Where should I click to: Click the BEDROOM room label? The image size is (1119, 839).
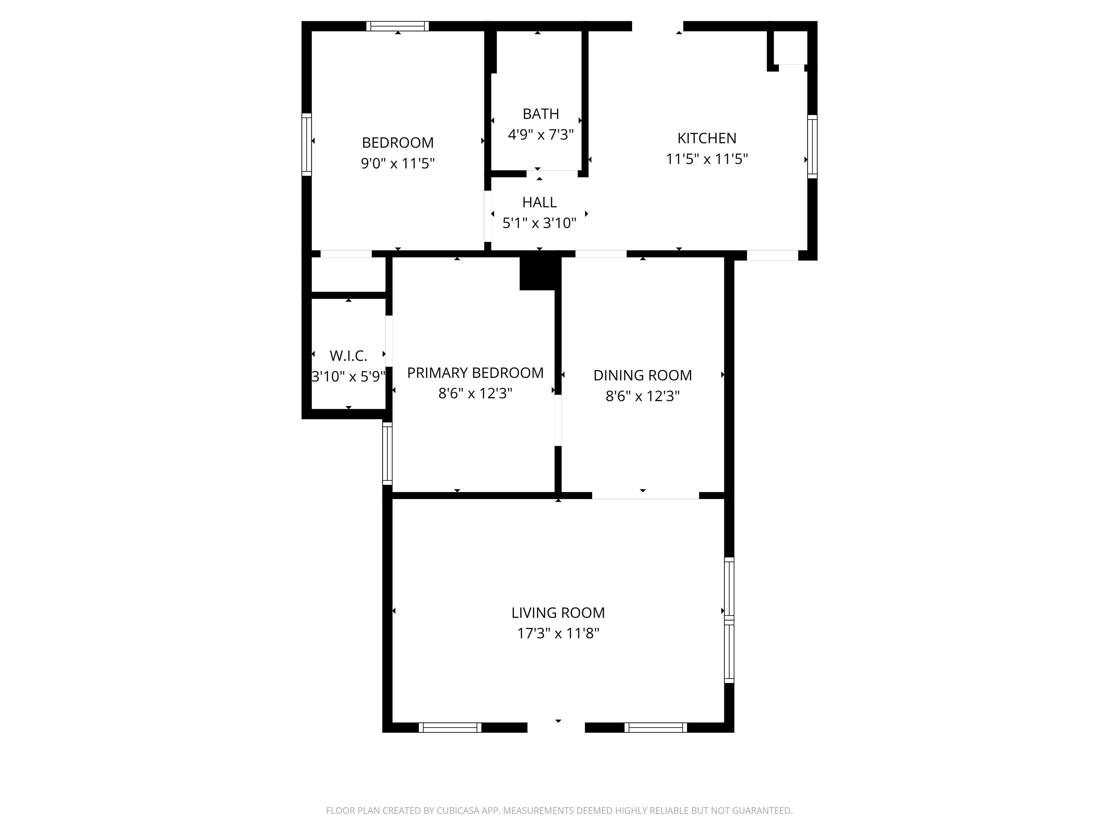pos(398,143)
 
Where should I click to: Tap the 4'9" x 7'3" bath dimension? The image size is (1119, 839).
pos(541,134)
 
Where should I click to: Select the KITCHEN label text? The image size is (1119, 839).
pos(707,138)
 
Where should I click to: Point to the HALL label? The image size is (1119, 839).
pos(539,202)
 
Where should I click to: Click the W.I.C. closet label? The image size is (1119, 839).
pos(348,356)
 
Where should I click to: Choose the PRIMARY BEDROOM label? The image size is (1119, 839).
pos(475,373)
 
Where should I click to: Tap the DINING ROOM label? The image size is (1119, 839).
pos(643,375)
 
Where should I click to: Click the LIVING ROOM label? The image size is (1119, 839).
pos(558,612)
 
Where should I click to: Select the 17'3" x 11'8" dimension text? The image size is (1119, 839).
pos(558,633)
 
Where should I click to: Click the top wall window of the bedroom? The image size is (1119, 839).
pos(398,26)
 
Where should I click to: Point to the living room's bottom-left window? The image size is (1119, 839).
pos(450,727)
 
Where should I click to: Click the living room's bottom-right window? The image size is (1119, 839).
pos(656,727)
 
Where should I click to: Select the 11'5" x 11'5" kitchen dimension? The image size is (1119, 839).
pos(707,159)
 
